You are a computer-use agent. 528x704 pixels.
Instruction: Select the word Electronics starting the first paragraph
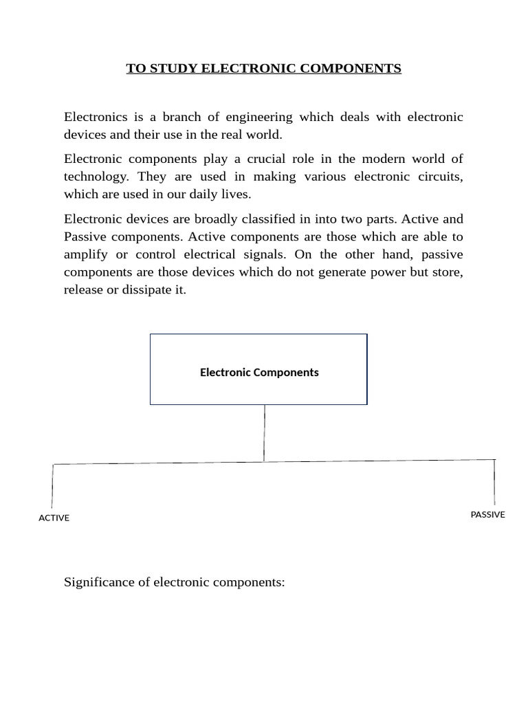pos(96,117)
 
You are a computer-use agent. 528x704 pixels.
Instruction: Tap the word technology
pos(96,177)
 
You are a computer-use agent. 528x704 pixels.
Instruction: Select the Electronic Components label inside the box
pos(259,373)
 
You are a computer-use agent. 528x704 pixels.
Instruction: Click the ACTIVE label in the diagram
pos(54,518)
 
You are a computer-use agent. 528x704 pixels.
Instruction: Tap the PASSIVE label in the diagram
pos(487,514)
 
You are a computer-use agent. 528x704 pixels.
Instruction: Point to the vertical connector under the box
pos(264,433)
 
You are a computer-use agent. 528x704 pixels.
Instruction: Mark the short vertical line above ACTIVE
pos(52,487)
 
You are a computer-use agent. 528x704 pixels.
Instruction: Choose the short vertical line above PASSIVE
pos(494,483)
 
